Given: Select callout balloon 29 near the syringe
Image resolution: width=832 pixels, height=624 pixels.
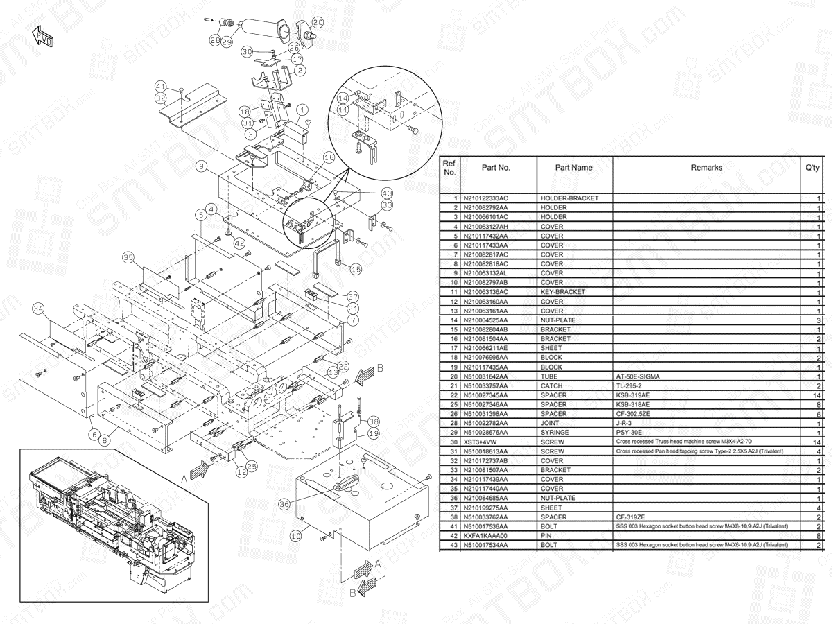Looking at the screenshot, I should coord(227,42).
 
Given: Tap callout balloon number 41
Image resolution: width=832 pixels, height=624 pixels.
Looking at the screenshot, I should coord(161,87).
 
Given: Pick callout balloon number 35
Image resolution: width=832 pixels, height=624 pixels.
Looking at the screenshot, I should coord(128,257).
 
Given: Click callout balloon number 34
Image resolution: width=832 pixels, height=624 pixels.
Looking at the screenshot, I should coord(38,308).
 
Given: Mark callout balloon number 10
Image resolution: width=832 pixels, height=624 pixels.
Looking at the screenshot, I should coord(295,535).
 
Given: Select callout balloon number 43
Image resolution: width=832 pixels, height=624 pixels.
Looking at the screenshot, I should coord(387,193).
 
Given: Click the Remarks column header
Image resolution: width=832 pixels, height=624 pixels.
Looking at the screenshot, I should coord(706,168).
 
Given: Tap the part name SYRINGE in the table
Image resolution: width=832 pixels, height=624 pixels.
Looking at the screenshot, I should coord(555,432).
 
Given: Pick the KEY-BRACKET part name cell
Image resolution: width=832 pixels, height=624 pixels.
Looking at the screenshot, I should coord(562,292).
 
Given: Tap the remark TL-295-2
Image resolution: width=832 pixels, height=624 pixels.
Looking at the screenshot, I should coord(628,385).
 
